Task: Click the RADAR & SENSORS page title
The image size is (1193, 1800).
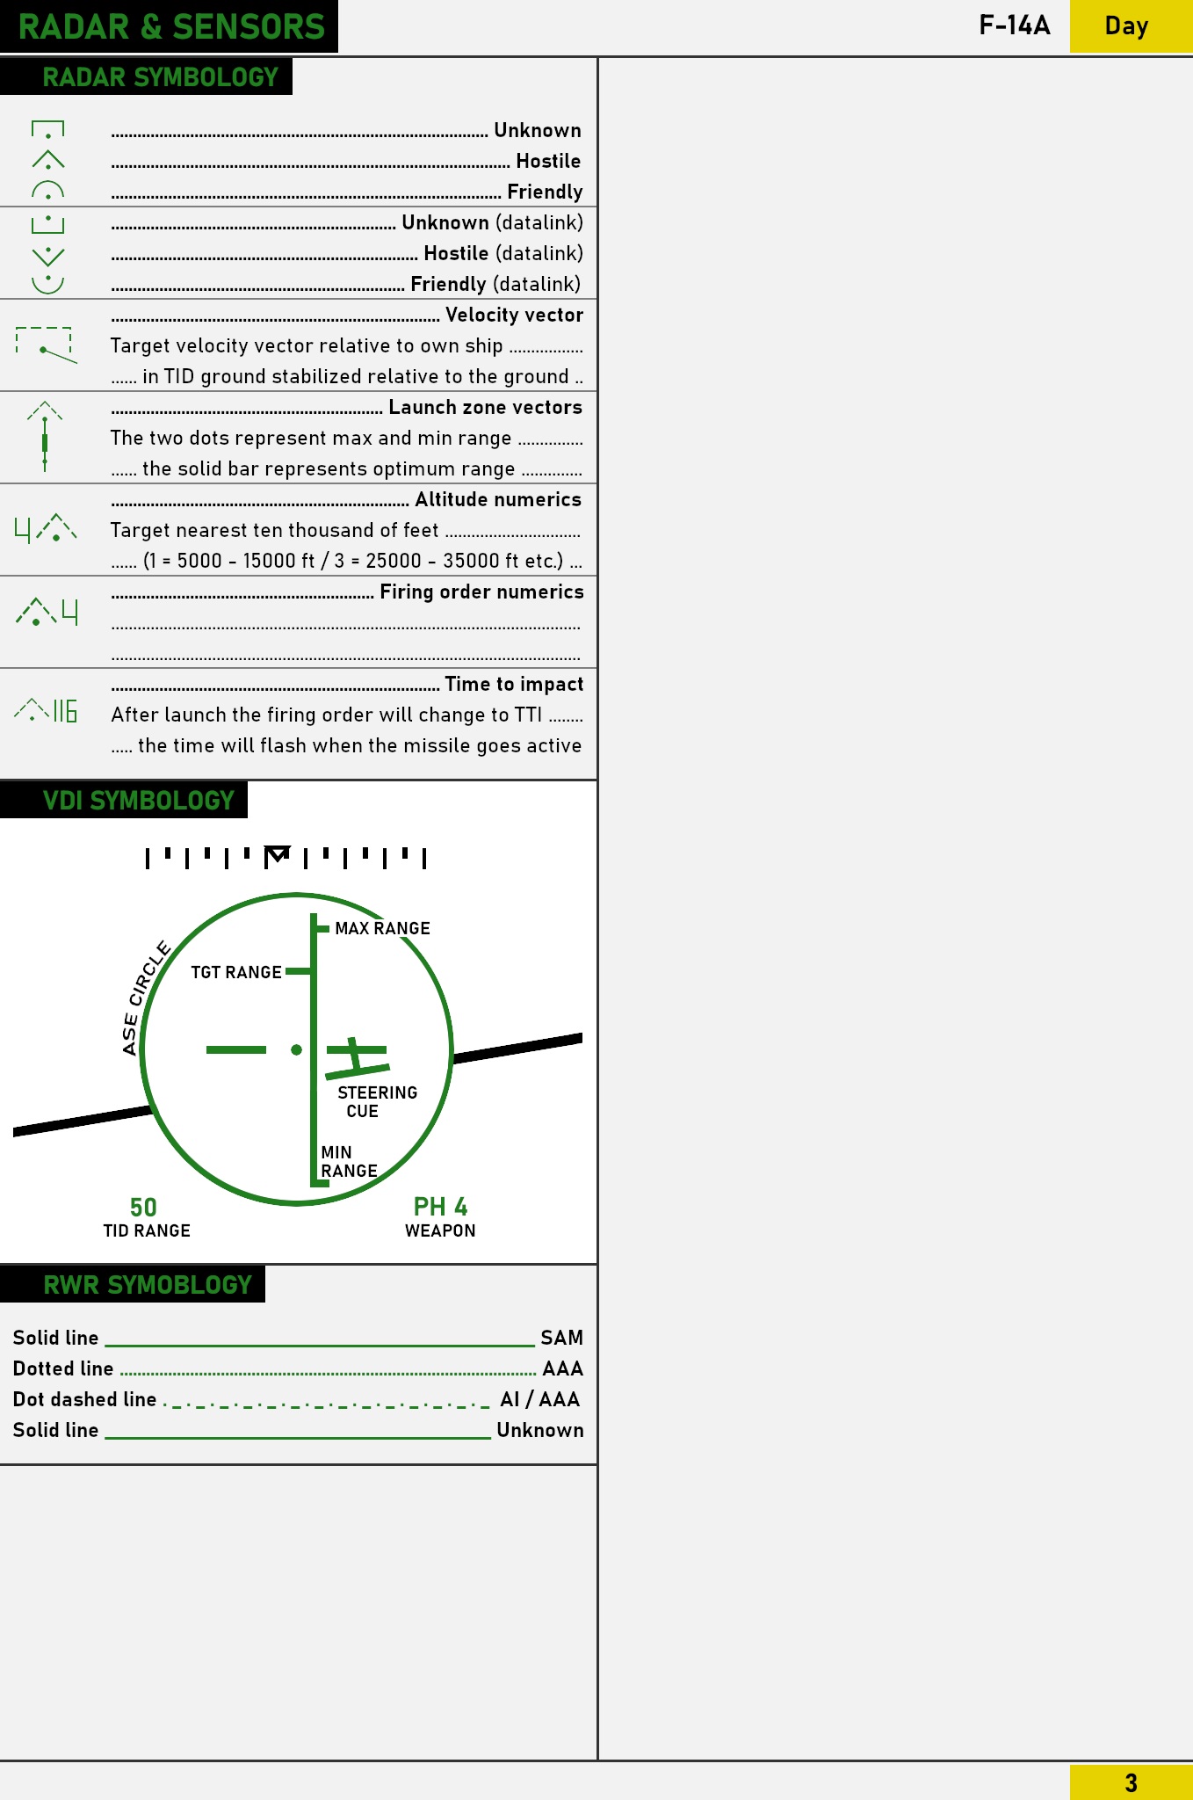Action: click(x=171, y=26)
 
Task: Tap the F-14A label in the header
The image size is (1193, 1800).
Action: click(x=1015, y=25)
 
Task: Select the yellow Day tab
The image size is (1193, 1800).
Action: click(x=1131, y=26)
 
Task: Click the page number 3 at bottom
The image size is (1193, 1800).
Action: click(x=1131, y=1782)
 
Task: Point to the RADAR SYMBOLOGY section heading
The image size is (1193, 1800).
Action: click(x=160, y=77)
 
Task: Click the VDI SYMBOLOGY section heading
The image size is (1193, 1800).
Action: click(x=139, y=801)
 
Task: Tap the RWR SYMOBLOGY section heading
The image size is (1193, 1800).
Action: click(x=148, y=1285)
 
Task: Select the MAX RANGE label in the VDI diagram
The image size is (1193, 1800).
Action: click(x=382, y=928)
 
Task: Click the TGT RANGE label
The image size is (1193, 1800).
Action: click(x=236, y=972)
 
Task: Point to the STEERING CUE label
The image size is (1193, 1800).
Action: click(x=377, y=1101)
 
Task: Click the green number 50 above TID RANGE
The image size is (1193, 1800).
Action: click(x=143, y=1207)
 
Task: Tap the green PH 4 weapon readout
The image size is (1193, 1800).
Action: click(x=440, y=1207)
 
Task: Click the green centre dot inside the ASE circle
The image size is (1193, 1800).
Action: click(x=297, y=1049)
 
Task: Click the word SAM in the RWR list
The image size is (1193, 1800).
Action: click(x=562, y=1338)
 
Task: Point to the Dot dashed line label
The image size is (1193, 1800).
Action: click(x=84, y=1399)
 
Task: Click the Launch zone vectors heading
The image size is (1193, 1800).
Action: click(x=486, y=407)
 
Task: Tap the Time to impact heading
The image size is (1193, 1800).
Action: click(x=514, y=684)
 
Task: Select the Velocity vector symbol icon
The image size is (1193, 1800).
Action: click(x=46, y=345)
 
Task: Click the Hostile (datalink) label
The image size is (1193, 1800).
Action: click(x=503, y=253)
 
